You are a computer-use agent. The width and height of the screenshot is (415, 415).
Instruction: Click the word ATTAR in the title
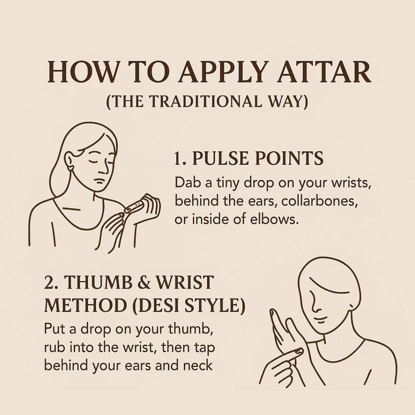pyautogui.click(x=324, y=72)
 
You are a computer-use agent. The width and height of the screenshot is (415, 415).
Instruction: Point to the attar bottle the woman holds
pyautogui.click(x=134, y=206)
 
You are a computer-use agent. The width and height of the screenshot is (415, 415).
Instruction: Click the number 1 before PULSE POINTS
pyautogui.click(x=179, y=158)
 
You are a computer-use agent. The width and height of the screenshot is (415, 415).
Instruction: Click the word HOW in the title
pyautogui.click(x=82, y=72)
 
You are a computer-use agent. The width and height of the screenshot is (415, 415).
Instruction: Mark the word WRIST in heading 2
pyautogui.click(x=185, y=282)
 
